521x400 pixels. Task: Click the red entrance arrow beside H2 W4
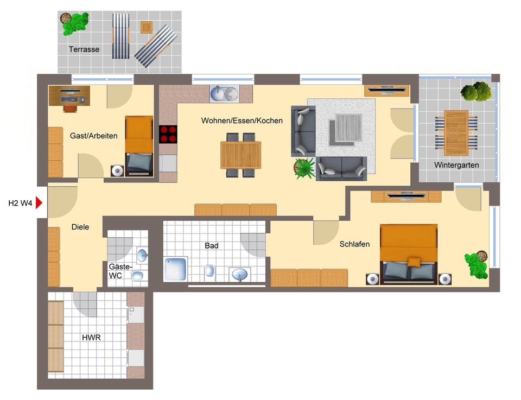(39, 202)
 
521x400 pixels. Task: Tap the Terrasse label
(84, 49)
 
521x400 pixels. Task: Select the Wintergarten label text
(456, 165)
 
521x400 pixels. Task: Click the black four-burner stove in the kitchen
(168, 134)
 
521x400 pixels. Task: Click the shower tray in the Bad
(176, 269)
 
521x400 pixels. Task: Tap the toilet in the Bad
(209, 271)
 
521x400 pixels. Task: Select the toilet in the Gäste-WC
(137, 275)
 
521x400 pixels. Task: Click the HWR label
(91, 338)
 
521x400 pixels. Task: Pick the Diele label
(80, 227)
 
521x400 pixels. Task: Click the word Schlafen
(354, 244)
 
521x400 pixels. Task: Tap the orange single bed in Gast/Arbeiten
(139, 146)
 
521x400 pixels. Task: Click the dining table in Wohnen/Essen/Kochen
(241, 155)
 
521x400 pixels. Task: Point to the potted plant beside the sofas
(304, 168)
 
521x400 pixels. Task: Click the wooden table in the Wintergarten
(456, 133)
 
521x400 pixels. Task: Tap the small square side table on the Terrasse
(147, 27)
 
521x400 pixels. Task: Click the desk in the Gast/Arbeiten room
(69, 96)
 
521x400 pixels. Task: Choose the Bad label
(212, 246)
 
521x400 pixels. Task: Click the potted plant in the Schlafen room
(477, 264)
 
